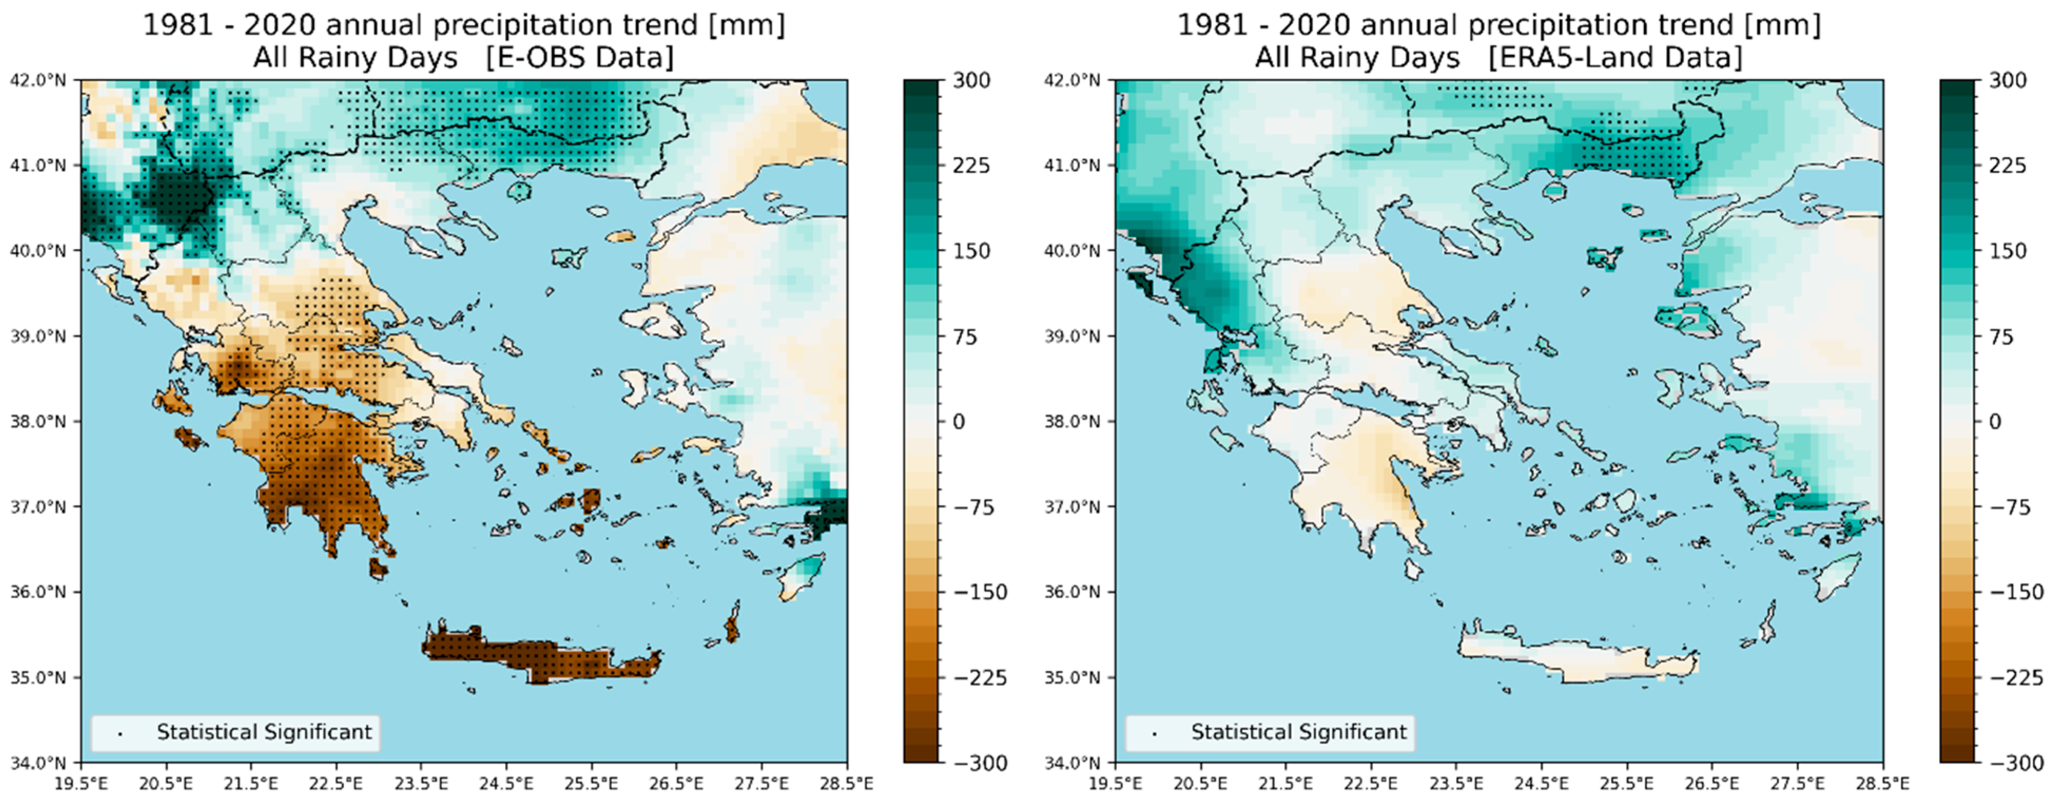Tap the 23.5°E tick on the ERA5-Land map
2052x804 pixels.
pyautogui.click(x=1456, y=784)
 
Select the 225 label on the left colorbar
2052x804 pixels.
pyautogui.click(x=971, y=166)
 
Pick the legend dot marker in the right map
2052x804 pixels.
pyautogui.click(x=1154, y=733)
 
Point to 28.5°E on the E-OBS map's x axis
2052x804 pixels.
pyautogui.click(x=846, y=784)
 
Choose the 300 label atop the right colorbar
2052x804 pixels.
pyautogui.click(x=2007, y=81)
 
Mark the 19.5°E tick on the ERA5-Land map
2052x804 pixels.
pyautogui.click(x=1115, y=784)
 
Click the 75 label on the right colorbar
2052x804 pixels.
pyautogui.click(x=2000, y=336)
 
